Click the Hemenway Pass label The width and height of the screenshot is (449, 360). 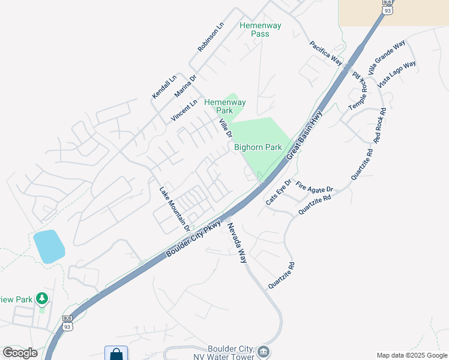(254, 29)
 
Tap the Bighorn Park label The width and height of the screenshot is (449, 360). (258, 147)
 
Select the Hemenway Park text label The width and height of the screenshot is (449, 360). (224, 106)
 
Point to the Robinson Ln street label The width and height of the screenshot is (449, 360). (211, 37)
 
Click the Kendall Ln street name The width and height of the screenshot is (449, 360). (164, 86)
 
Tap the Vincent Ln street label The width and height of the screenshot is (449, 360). (184, 111)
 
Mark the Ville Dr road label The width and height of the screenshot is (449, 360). (225, 128)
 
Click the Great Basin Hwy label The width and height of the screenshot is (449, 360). (304, 135)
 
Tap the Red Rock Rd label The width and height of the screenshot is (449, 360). (380, 125)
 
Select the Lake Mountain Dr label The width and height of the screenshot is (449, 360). (174, 209)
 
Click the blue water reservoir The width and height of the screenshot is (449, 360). (49, 246)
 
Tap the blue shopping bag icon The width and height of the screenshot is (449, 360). (116, 353)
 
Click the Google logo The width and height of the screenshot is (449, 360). (20, 353)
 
